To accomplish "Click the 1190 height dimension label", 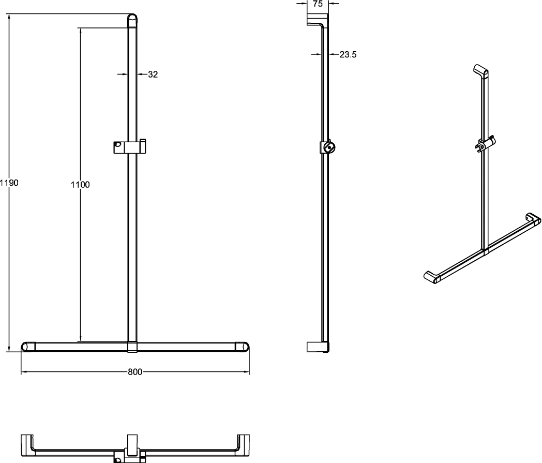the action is (9, 183).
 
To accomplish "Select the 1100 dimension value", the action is (80, 185).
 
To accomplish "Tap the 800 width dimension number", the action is (135, 372).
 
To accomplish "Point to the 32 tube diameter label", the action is (153, 74).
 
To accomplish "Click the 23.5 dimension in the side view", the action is (348, 54).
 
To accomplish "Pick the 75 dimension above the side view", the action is (318, 4).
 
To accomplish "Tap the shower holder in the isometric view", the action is (487, 144).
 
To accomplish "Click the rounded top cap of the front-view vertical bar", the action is (132, 21).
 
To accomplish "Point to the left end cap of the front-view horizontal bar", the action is (28, 347).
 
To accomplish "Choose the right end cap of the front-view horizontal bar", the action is (243, 347).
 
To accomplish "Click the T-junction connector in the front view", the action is (133, 347).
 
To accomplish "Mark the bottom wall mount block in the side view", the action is (318, 347).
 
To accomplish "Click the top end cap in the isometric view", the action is (480, 72).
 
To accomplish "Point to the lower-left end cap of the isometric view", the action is (432, 277).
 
